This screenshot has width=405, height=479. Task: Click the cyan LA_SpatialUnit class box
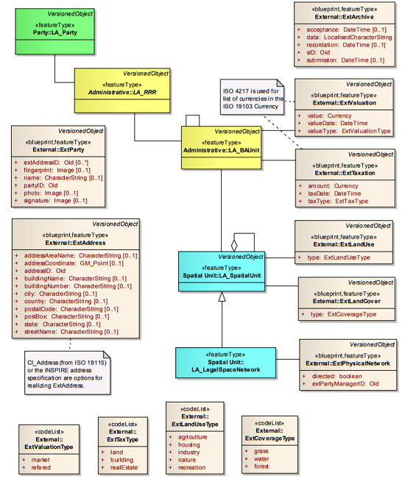[x=222, y=272]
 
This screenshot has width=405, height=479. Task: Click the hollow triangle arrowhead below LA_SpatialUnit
[x=222, y=297]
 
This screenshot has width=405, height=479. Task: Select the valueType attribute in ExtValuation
[x=343, y=131]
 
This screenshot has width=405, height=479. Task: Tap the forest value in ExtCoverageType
[x=261, y=466]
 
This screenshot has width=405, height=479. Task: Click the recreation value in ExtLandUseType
[x=192, y=468]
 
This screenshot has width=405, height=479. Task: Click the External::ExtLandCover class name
[x=345, y=301]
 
